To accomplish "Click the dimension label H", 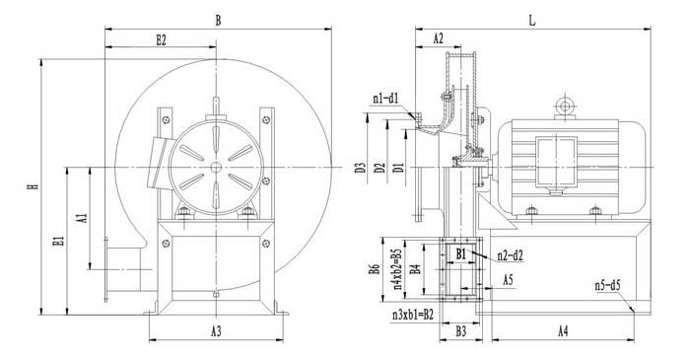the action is pos(33,186).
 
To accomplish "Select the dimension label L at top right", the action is pos(532,21).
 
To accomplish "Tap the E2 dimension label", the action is pos(162,40).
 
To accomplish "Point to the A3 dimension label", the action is pos(216,331).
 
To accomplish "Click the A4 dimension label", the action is pos(563,331).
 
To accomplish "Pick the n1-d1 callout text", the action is pos(385,98).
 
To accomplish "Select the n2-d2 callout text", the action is pos(511,255).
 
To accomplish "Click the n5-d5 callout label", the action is pos(607,285).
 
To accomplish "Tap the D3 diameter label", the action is pos(361,168).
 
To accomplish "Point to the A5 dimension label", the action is pos(508,279).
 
